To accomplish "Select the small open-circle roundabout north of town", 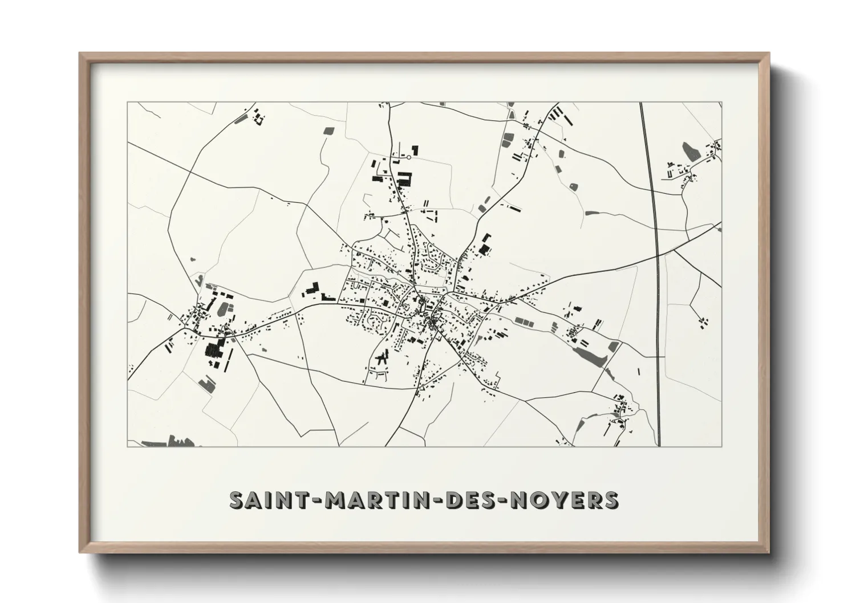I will [x=409, y=157].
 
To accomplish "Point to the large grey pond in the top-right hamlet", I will [x=691, y=150].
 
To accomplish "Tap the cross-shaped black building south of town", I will [x=382, y=358].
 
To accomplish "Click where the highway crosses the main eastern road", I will [x=658, y=254].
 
